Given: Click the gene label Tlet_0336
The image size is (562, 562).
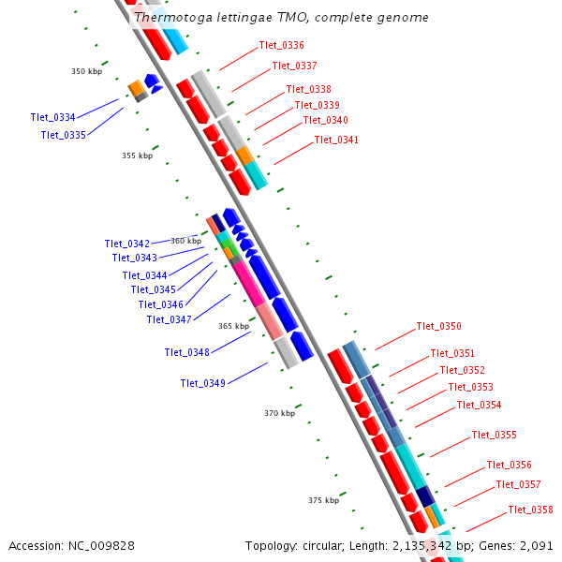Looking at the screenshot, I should (x=281, y=45).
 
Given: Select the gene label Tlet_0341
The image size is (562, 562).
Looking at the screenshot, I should (x=336, y=140).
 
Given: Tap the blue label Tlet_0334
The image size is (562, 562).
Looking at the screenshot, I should (x=52, y=117).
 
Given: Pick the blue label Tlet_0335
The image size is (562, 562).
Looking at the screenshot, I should (x=63, y=135).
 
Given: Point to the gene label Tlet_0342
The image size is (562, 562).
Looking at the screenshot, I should (x=126, y=244).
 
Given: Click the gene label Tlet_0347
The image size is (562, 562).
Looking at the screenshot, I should (x=169, y=319).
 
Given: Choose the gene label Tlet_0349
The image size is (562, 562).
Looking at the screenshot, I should (x=202, y=383).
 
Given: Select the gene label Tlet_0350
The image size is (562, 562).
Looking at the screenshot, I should (x=438, y=326).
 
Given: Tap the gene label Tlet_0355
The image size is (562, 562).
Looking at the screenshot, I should (x=494, y=435).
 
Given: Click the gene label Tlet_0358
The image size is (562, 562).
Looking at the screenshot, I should (x=530, y=510).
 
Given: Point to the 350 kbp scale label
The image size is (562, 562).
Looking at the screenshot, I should (x=86, y=71).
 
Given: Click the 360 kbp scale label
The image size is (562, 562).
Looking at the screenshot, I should (x=185, y=241).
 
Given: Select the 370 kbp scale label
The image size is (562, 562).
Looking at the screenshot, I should (x=279, y=413).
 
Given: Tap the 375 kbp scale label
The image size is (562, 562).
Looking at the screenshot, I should (x=323, y=500).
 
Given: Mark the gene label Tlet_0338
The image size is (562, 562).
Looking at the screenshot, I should (x=308, y=89).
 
